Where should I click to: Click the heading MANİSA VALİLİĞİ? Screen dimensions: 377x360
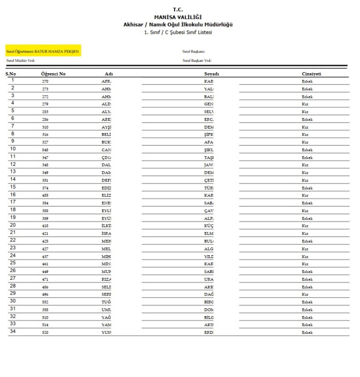click(x=178, y=17)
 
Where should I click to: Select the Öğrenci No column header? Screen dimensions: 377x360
click(x=53, y=74)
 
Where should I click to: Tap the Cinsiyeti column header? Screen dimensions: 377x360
click(x=311, y=74)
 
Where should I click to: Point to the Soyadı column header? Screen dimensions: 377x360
click(x=211, y=74)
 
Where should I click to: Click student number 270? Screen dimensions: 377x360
click(x=45, y=81)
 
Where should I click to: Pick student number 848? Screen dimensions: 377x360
click(x=45, y=150)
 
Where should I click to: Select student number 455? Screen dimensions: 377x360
click(x=45, y=195)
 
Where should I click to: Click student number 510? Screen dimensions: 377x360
click(x=45, y=317)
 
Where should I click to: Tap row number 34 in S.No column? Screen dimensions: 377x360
click(x=13, y=331)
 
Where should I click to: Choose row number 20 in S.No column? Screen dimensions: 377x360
click(x=13, y=225)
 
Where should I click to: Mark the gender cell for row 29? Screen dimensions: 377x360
click(x=305, y=295)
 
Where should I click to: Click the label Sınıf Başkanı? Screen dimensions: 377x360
click(x=193, y=52)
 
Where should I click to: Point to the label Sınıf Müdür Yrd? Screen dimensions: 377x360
click(x=21, y=60)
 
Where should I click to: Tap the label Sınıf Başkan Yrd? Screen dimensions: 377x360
click(x=197, y=60)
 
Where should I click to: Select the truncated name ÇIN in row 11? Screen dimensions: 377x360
click(x=106, y=158)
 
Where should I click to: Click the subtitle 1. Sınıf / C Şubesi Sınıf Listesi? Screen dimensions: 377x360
click(x=178, y=32)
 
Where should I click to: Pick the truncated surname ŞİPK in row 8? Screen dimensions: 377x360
click(x=209, y=135)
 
